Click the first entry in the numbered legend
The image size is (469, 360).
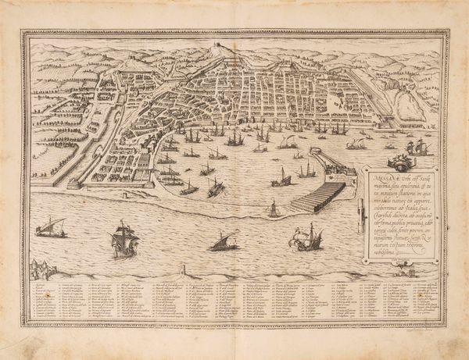(x=37, y=287)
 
